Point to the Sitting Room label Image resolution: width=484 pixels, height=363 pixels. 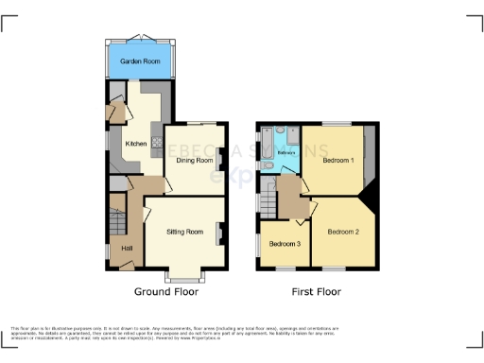point(184,231)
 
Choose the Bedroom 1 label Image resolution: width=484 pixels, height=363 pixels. point(338,160)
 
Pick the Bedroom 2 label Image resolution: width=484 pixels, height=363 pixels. point(344,231)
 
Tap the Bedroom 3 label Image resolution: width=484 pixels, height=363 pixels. point(285,244)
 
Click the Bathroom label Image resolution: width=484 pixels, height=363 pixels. point(286,151)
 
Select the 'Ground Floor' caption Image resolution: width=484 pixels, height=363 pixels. point(164,292)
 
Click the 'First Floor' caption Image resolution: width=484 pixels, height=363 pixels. point(317,292)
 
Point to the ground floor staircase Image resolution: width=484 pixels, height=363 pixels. point(116,216)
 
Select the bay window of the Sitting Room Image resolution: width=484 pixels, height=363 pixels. point(185,277)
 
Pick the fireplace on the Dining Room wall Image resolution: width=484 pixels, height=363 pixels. point(221,160)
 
